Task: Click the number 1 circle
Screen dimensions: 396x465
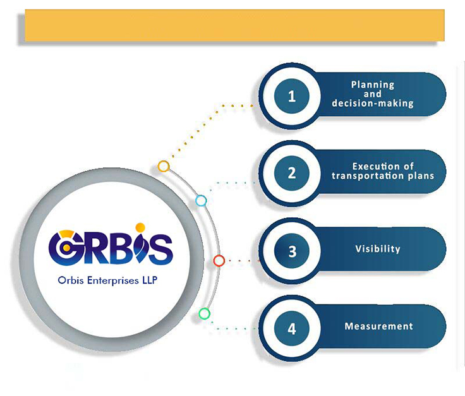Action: [291, 97]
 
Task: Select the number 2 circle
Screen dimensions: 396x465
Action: [291, 173]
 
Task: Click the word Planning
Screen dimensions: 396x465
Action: [373, 85]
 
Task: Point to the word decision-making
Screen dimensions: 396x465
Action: [373, 103]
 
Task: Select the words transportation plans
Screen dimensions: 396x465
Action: [383, 176]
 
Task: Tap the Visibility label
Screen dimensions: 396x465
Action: [378, 249]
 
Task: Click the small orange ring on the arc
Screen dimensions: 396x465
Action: [164, 167]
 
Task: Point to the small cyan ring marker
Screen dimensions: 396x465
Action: [201, 201]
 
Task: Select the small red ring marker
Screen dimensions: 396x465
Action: [219, 260]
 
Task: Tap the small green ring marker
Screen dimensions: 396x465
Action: [204, 313]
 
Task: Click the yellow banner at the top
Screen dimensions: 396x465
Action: [234, 26]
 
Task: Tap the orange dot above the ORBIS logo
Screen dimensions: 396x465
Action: [140, 227]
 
